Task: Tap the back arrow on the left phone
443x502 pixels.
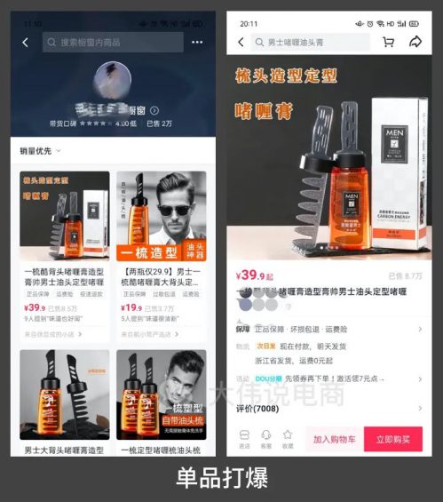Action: [x=26, y=42]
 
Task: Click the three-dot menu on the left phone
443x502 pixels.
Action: [x=197, y=42]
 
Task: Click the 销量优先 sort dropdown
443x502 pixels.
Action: [x=41, y=151]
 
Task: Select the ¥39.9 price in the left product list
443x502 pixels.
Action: [x=36, y=308]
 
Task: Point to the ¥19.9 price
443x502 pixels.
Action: [x=131, y=308]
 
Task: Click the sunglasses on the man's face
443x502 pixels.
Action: [x=173, y=210]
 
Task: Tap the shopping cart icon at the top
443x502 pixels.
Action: [x=388, y=42]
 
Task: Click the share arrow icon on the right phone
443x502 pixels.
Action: [x=415, y=42]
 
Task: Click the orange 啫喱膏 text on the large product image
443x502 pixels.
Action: [x=265, y=110]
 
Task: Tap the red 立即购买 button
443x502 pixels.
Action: [x=393, y=439]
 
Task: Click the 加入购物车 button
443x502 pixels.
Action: [x=334, y=439]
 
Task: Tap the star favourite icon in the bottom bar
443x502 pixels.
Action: [x=287, y=435]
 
